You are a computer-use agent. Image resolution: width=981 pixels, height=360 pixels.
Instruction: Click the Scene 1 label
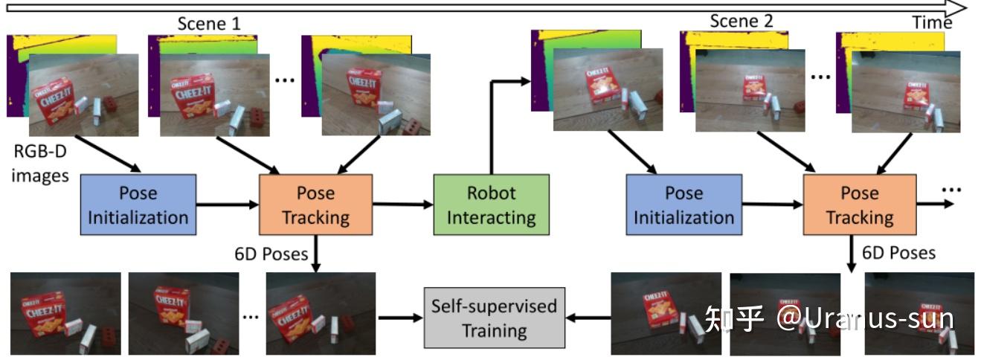click(209, 23)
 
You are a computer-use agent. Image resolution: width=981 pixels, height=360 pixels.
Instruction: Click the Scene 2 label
click(742, 21)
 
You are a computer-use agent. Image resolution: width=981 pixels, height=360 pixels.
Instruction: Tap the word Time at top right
click(932, 23)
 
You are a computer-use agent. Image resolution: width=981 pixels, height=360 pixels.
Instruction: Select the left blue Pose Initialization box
click(138, 205)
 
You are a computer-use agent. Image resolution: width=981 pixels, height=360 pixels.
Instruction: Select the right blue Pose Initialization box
click(684, 205)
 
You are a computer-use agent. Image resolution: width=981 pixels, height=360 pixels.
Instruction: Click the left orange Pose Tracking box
click(315, 205)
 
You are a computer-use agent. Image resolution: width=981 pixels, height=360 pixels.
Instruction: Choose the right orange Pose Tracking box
click(860, 205)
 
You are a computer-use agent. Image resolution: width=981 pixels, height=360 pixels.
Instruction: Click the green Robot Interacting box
click(491, 205)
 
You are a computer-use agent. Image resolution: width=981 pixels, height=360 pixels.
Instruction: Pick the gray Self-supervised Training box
click(494, 318)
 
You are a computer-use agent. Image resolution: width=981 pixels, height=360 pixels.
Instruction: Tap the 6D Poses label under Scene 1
click(271, 254)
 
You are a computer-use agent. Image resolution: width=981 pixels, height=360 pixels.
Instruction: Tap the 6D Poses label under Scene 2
click(898, 253)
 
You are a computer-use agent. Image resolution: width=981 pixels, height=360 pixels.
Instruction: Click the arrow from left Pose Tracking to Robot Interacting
click(402, 203)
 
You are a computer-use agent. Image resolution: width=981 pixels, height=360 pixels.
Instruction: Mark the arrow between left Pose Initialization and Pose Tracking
click(227, 203)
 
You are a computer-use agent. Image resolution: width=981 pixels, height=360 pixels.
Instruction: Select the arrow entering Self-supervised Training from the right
click(587, 318)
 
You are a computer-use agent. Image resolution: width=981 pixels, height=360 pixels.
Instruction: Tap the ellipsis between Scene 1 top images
click(285, 80)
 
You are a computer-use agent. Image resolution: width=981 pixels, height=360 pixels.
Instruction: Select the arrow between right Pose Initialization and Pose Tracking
click(772, 203)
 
